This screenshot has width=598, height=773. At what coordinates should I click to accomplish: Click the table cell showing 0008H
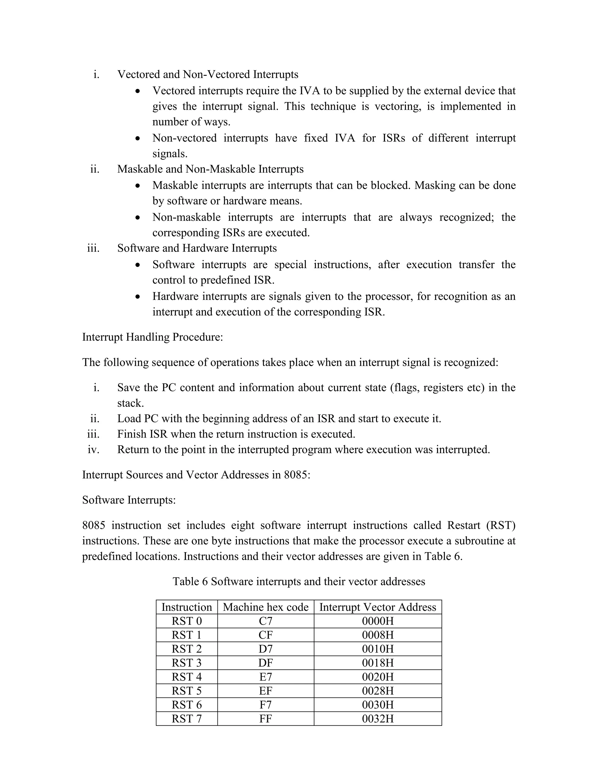(x=378, y=635)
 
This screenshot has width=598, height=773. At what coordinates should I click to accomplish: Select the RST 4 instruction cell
(x=187, y=677)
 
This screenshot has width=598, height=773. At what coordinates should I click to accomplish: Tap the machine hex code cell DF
(x=265, y=663)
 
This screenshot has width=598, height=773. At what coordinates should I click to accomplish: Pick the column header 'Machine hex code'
(x=265, y=607)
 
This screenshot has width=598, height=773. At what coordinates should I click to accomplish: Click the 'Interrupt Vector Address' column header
(x=378, y=607)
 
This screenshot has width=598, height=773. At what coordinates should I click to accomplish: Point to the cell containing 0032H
(x=378, y=718)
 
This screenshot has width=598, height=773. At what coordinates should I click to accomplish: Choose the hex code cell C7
(x=265, y=621)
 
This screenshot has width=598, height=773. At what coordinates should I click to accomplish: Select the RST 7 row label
(x=187, y=718)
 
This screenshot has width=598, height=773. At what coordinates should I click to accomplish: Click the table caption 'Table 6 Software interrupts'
(x=299, y=582)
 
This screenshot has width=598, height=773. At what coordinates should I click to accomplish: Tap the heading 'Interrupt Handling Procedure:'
(x=152, y=337)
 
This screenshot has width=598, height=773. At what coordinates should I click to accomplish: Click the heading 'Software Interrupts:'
(x=129, y=500)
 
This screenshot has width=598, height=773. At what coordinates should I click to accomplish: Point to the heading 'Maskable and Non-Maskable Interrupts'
(x=211, y=169)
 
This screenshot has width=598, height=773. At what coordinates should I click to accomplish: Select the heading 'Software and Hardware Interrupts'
(x=197, y=248)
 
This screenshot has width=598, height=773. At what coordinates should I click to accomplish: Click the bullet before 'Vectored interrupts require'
(x=138, y=91)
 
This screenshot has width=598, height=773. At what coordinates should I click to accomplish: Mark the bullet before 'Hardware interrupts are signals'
(x=138, y=297)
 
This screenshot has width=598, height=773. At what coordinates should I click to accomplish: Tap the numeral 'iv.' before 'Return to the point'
(x=93, y=450)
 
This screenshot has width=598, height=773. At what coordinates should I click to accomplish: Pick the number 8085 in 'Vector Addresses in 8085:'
(x=297, y=475)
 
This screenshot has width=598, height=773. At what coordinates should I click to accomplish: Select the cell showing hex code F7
(x=265, y=705)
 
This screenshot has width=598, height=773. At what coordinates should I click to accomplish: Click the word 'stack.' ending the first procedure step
(x=130, y=403)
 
